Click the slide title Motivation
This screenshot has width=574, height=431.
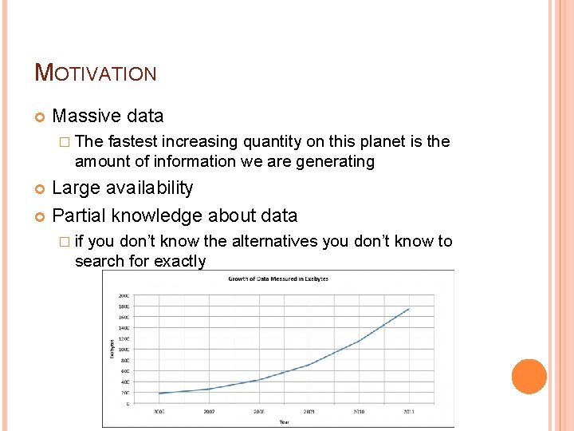(x=96, y=73)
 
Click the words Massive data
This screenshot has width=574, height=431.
(x=108, y=116)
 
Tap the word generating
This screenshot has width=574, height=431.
(x=335, y=161)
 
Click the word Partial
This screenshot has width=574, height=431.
(x=79, y=215)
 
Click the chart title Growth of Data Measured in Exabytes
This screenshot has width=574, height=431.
(x=277, y=279)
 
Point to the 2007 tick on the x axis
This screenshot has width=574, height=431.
(x=210, y=412)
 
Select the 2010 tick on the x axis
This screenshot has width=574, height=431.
(x=358, y=412)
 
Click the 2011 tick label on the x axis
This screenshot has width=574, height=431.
(x=408, y=412)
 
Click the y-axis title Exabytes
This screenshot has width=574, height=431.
(x=112, y=348)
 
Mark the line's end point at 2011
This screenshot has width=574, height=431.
(x=409, y=309)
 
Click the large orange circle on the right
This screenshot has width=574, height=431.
(x=529, y=377)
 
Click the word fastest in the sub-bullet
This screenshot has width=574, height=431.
(x=132, y=141)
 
